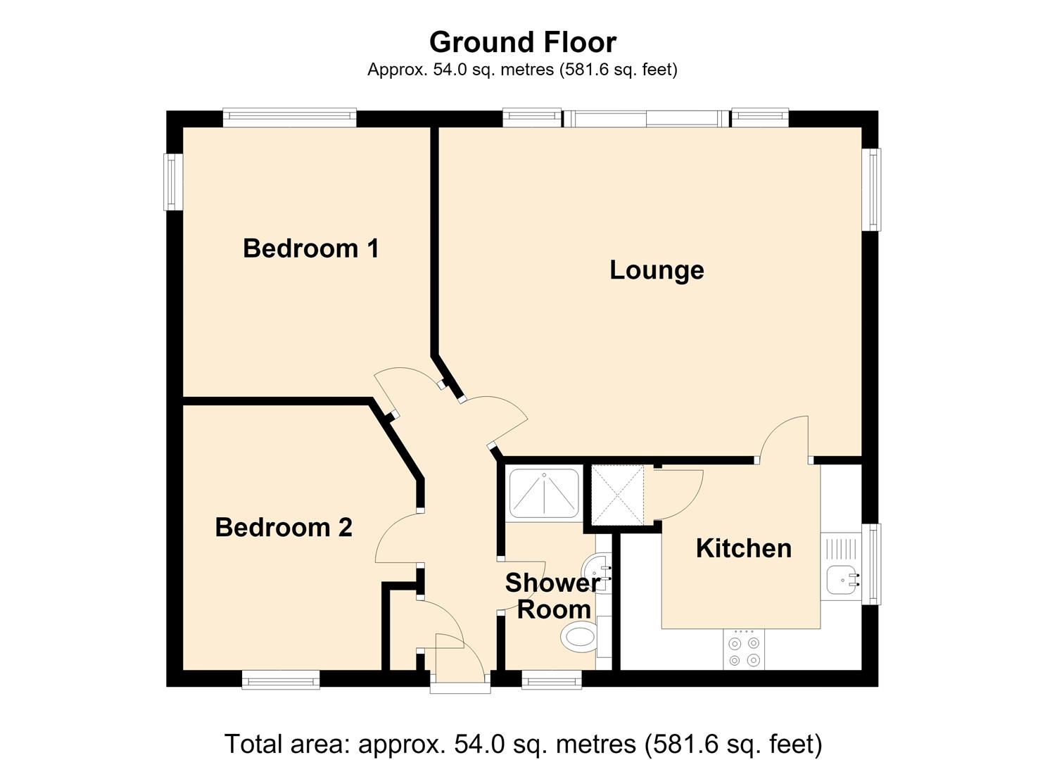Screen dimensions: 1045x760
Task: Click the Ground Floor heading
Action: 522,42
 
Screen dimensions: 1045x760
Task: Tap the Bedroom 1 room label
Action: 311,248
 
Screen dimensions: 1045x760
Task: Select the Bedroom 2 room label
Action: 284,527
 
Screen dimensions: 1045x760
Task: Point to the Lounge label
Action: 657,271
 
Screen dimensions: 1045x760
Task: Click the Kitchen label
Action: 744,548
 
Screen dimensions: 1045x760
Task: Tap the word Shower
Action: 553,582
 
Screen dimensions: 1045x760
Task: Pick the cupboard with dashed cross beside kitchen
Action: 617,495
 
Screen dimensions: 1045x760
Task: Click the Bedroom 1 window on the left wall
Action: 172,182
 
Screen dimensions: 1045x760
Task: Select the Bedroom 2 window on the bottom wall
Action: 281,680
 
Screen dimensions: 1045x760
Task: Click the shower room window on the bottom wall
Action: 552,680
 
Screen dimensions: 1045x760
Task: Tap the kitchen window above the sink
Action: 871,564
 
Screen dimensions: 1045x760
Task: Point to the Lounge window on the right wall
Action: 871,189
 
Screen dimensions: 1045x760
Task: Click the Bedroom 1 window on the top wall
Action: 290,118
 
